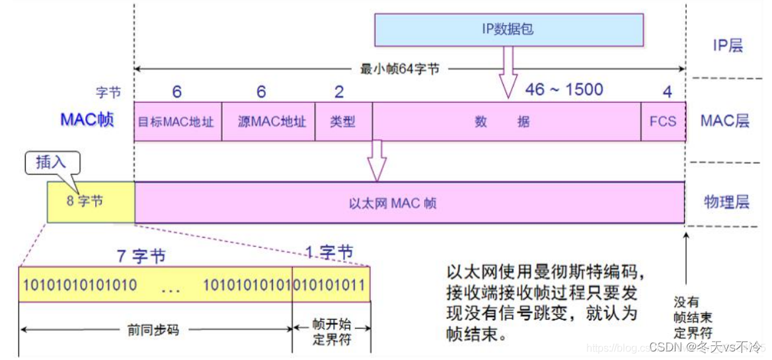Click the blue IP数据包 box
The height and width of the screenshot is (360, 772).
tap(508, 29)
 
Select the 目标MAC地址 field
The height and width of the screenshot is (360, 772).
tap(176, 122)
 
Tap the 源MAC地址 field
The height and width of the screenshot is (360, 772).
tap(269, 122)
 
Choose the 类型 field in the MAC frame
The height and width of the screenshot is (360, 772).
tap(343, 122)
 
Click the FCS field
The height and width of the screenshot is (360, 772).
tap(662, 122)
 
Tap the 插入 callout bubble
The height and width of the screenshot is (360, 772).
tap(52, 162)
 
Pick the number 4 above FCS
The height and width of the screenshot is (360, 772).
tap(667, 91)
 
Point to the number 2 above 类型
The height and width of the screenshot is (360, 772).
tap(340, 91)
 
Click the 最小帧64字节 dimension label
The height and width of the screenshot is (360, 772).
tap(400, 69)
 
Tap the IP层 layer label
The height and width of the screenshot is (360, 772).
tap(727, 46)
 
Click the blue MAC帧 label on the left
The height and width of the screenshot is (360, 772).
tap(87, 120)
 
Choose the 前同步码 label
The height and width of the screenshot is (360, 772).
tap(155, 329)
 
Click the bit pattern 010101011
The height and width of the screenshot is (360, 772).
tap(330, 285)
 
